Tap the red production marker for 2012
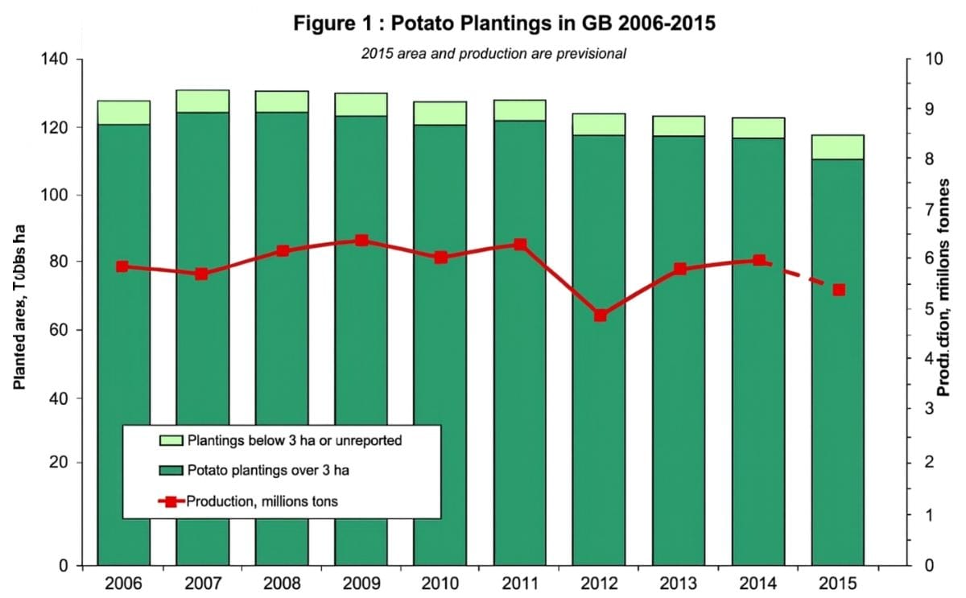point(600,315)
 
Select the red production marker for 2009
point(361,240)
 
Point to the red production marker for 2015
point(839,290)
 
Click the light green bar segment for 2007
point(203,101)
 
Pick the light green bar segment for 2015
point(837,146)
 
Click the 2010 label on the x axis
point(440,584)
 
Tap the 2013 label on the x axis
point(679,584)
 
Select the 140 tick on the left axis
point(60,60)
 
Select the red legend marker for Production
point(171,501)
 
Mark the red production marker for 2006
point(122,266)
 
